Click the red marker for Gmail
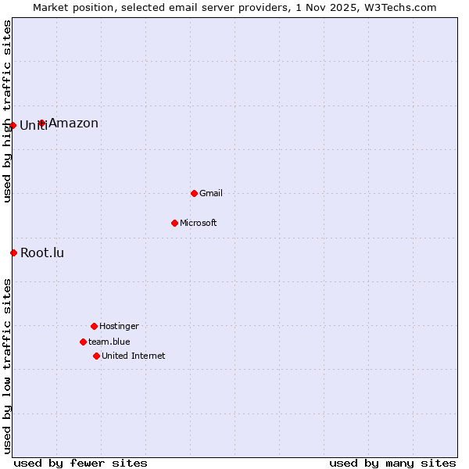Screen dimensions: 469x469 click(194, 193)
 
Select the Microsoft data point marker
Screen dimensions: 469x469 click(174, 223)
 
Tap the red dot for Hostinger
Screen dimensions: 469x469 click(94, 326)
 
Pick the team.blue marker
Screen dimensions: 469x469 click(83, 342)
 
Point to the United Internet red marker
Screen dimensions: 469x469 click(96, 356)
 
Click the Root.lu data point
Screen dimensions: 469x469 click(13, 252)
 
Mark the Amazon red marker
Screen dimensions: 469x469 click(42, 123)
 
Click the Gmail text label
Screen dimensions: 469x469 click(211, 193)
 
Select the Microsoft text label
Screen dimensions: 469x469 click(199, 223)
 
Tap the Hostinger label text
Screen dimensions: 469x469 click(119, 326)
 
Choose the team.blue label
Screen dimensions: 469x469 click(109, 342)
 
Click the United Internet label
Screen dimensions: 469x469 click(134, 356)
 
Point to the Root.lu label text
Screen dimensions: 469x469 click(42, 252)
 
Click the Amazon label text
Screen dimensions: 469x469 click(73, 123)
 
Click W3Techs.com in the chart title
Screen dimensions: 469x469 click(398, 7)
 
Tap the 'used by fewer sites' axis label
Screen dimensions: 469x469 click(81, 463)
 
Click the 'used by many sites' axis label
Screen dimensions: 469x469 click(392, 463)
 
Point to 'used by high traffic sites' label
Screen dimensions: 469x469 click(7, 111)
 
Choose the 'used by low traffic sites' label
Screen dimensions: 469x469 click(7, 366)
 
